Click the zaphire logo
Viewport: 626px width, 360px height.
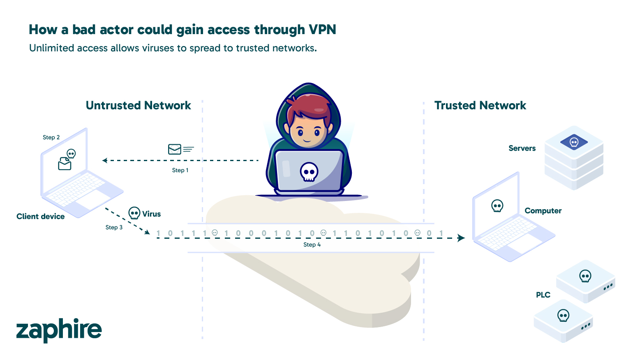(x=59, y=330)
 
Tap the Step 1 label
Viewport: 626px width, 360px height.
(x=180, y=170)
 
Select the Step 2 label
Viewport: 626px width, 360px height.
(x=51, y=137)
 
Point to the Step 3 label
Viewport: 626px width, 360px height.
(x=114, y=227)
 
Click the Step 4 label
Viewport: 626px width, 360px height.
(x=312, y=245)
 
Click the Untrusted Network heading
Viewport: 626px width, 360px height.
(x=138, y=106)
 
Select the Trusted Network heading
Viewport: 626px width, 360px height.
(x=480, y=106)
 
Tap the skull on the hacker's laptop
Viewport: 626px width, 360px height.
(x=309, y=172)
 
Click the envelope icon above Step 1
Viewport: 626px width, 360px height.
(x=175, y=149)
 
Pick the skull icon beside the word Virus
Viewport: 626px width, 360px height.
(x=134, y=213)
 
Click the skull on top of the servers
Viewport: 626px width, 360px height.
(x=574, y=142)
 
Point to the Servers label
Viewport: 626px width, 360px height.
(x=522, y=148)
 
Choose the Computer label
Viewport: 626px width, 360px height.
(x=543, y=211)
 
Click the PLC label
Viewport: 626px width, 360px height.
(x=543, y=295)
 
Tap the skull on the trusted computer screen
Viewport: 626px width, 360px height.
(x=497, y=205)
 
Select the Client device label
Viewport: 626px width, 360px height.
(x=41, y=217)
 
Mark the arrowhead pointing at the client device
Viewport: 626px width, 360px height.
(x=105, y=160)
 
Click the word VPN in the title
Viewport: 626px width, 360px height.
(x=322, y=30)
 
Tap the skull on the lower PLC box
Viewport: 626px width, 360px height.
(x=563, y=316)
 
